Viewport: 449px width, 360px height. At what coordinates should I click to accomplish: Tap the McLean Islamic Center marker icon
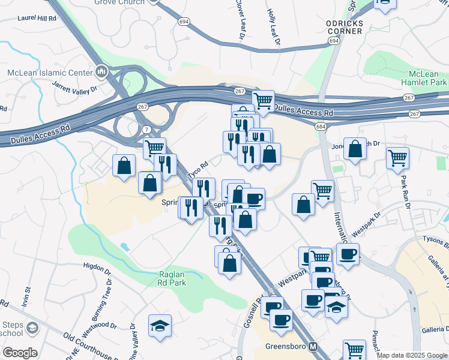point(101,73)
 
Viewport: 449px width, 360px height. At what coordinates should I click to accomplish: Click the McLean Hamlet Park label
point(424,77)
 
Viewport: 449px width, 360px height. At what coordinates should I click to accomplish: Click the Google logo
point(19,353)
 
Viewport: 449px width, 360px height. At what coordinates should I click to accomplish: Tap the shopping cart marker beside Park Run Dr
point(397,158)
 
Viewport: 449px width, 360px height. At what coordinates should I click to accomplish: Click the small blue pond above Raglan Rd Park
point(125,246)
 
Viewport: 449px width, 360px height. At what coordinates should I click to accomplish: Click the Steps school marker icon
point(31,328)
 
